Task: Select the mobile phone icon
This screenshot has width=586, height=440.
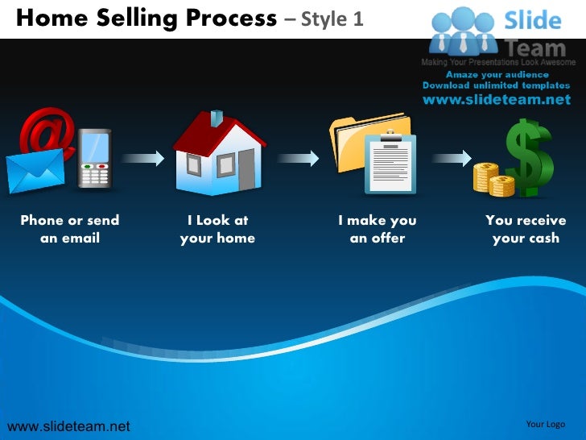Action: [x=95, y=159]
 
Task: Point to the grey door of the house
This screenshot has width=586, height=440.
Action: [x=245, y=168]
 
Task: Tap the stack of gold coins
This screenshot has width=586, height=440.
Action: [x=493, y=178]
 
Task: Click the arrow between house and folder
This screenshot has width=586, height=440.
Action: [x=297, y=159]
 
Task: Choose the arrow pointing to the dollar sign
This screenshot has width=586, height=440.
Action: [x=450, y=159]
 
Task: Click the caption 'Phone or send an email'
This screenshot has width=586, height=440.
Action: [x=70, y=229]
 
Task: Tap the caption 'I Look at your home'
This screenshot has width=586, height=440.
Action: [x=217, y=229]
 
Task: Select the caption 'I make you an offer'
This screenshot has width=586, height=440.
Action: [x=378, y=229]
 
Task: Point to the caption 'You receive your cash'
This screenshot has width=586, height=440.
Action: [x=526, y=229]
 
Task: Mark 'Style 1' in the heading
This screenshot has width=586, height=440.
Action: [x=333, y=18]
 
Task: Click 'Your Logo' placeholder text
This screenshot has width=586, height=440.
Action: [x=545, y=425]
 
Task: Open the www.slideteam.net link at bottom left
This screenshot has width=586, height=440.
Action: [x=68, y=425]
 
